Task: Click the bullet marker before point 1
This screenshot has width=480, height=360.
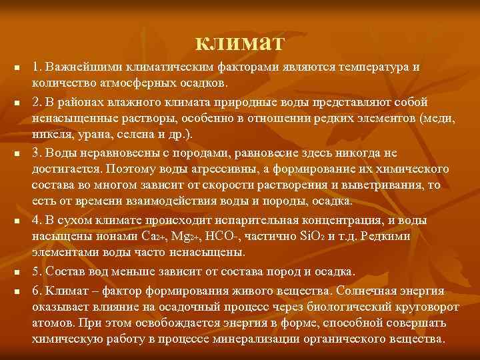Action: point(17,69)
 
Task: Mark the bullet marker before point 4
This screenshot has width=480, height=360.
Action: point(17,221)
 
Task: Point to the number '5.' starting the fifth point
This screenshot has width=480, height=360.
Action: point(37,272)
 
